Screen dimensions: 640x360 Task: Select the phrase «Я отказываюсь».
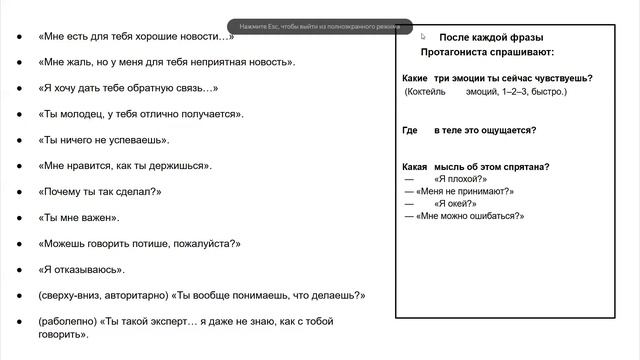(x=81, y=269)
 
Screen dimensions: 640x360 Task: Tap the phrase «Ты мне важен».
(x=80, y=217)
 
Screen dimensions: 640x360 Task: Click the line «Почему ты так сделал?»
(x=100, y=191)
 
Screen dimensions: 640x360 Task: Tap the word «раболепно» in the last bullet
(x=67, y=321)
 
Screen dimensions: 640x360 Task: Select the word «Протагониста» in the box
(x=454, y=52)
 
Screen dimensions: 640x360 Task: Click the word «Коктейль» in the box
(x=428, y=92)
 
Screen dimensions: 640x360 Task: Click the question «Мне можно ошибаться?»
(x=471, y=216)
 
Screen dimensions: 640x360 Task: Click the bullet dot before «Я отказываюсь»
(x=23, y=270)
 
